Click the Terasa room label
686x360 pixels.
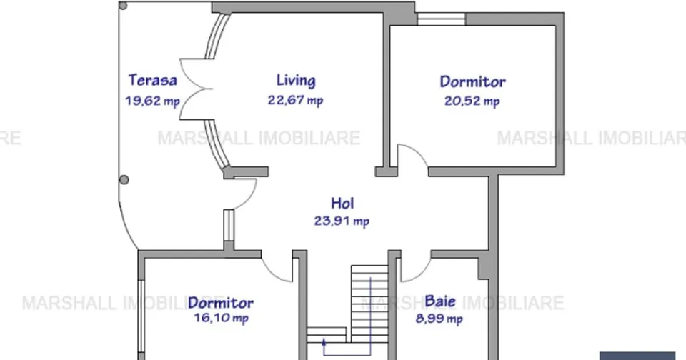coord(153,80)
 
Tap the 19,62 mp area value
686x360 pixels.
coord(153,101)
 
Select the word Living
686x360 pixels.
coord(296,80)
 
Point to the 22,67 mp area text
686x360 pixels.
coord(296,100)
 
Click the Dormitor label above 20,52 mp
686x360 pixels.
coord(472,81)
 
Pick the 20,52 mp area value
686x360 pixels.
coord(472,101)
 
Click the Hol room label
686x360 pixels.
coord(342,204)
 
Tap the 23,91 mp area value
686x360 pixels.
coord(342,221)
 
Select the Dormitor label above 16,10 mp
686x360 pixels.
coord(221,303)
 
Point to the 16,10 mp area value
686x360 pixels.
coord(221,318)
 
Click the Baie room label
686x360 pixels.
coord(440,301)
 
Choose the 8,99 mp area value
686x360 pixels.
coord(439,319)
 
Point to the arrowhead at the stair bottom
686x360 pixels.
coord(324,341)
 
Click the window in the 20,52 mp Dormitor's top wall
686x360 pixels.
coord(441,19)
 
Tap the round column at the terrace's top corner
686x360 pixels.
coord(124,6)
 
